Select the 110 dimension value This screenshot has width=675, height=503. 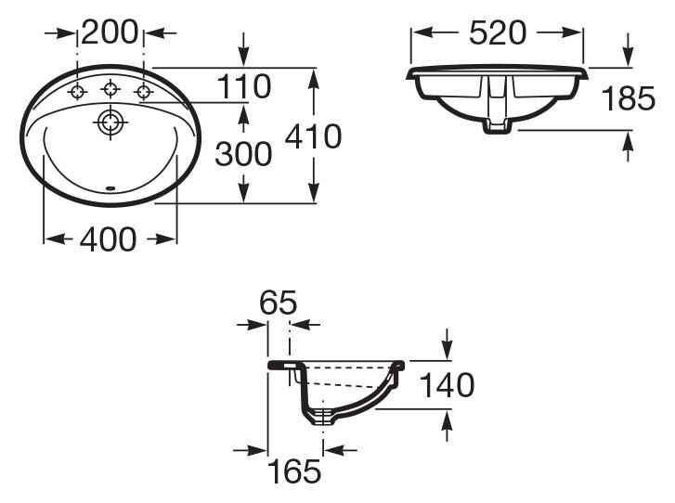tap(243, 87)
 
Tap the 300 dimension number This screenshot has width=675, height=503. tap(243, 153)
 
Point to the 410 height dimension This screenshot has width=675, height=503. tap(313, 136)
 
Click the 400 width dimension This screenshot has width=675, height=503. tap(108, 239)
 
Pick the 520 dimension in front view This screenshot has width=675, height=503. tap(498, 32)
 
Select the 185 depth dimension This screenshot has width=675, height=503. tap(629, 97)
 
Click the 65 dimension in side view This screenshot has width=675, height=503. tap(278, 302)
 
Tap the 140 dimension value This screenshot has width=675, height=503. tap(447, 384)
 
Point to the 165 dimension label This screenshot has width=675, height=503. tap(295, 471)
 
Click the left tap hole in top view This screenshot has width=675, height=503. tap(78, 91)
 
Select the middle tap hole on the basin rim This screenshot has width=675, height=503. tap(110, 89)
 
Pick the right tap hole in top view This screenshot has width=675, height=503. tap(144, 91)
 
